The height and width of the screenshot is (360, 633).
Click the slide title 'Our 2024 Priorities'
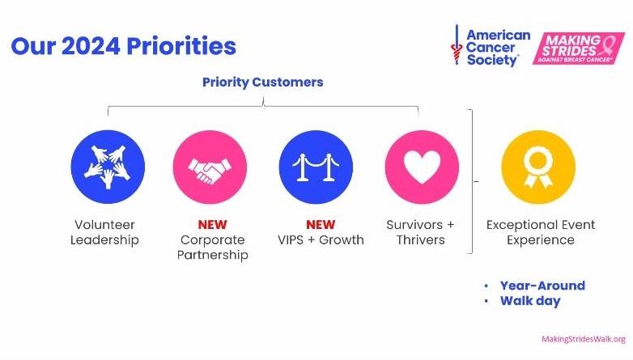click(123, 45)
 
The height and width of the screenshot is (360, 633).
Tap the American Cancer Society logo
click(491, 47)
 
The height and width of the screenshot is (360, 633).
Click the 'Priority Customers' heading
click(262, 83)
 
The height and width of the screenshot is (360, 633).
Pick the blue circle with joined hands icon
click(108, 167)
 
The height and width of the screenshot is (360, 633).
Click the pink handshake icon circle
click(210, 167)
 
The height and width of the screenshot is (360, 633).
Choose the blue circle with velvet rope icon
click(316, 167)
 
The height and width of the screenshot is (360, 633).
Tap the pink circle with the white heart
click(421, 167)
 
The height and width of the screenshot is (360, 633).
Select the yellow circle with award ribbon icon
click(538, 167)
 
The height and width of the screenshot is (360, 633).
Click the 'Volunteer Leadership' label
click(104, 232)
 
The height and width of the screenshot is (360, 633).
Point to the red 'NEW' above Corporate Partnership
click(212, 224)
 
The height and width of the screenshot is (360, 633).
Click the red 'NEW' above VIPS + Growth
click(320, 224)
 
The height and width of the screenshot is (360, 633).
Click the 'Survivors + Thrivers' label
click(420, 232)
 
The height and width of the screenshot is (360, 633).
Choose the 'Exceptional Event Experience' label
click(541, 232)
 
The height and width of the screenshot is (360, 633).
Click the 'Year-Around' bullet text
click(542, 286)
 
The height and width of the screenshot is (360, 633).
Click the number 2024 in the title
click(89, 45)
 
